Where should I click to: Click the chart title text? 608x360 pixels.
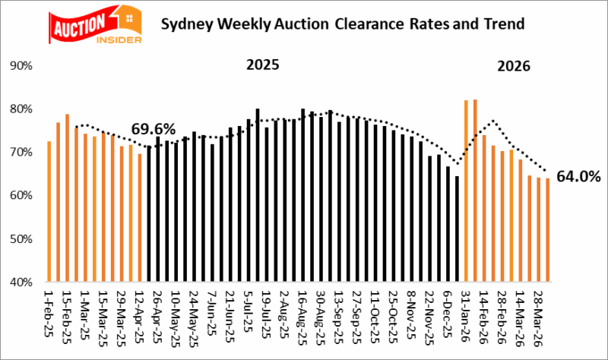click(343, 24)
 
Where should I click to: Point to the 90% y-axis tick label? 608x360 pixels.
click(21, 66)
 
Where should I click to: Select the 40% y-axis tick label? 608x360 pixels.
click(21, 282)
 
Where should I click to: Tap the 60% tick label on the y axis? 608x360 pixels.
click(21, 195)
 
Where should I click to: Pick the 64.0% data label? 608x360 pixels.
click(578, 177)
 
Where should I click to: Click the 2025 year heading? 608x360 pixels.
click(262, 65)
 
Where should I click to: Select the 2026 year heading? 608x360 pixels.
click(514, 67)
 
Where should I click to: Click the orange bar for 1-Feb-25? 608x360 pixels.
click(49, 212)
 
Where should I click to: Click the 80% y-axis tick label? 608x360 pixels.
click(21, 109)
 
